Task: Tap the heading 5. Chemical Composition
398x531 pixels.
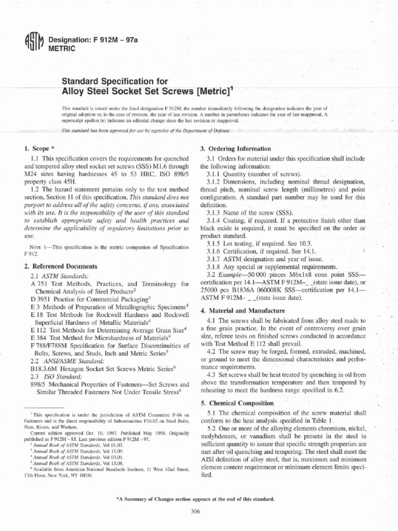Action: pos(237,403)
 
